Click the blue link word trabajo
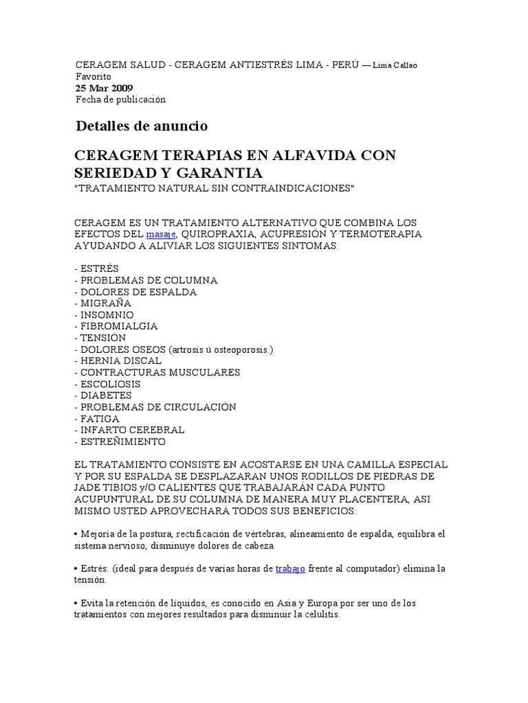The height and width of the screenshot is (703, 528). [x=290, y=568]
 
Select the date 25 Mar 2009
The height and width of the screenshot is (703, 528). [x=104, y=89]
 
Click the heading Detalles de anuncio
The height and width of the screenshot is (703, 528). [x=142, y=126]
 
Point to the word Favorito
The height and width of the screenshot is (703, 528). [x=93, y=77]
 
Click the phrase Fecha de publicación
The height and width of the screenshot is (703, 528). [x=121, y=100]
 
